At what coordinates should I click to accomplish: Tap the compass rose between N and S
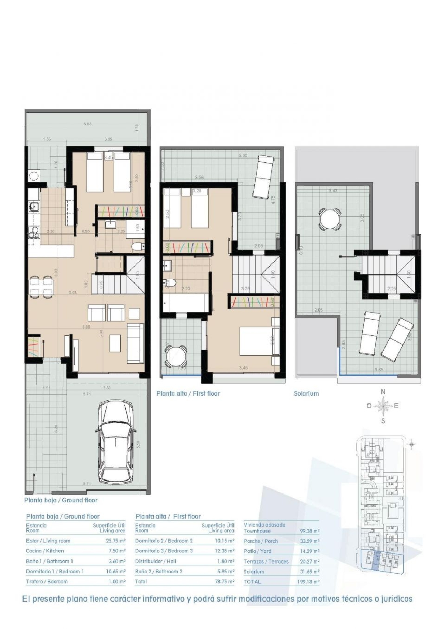[383, 406]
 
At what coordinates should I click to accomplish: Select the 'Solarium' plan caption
[306, 393]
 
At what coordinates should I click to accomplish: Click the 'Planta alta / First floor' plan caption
[188, 393]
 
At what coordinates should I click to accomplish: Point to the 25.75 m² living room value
[115, 541]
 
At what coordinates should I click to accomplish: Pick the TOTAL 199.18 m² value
[308, 582]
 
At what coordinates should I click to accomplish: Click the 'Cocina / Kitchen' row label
[45, 551]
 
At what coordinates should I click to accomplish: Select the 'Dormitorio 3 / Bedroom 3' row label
[164, 551]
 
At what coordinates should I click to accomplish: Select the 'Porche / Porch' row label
[260, 541]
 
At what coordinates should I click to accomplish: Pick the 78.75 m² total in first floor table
[224, 582]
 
